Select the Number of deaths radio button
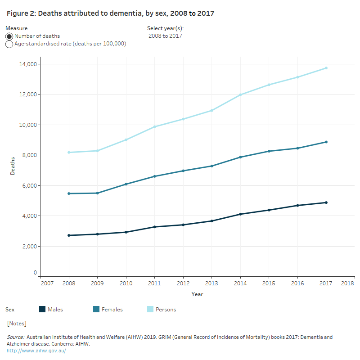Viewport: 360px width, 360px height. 9,36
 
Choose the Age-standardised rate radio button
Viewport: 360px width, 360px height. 9,44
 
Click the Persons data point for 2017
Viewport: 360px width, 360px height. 326,68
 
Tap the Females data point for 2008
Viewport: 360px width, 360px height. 69,193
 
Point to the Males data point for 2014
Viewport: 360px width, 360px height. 240,214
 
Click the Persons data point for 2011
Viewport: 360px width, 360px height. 154,126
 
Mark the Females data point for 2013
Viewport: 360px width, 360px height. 211,166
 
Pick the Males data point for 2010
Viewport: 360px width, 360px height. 126,232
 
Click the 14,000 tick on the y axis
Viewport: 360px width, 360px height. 27,64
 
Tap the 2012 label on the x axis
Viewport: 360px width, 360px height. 183,283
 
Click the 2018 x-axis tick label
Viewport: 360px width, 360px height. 347,283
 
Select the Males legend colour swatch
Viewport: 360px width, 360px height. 43,309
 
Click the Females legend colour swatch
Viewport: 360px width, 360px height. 96,309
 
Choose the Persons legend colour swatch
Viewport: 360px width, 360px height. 150,309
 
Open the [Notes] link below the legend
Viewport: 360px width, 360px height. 17,324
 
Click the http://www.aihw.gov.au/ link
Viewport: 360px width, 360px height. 36,351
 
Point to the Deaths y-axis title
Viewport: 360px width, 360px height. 13,166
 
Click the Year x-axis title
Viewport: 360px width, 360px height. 197,294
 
